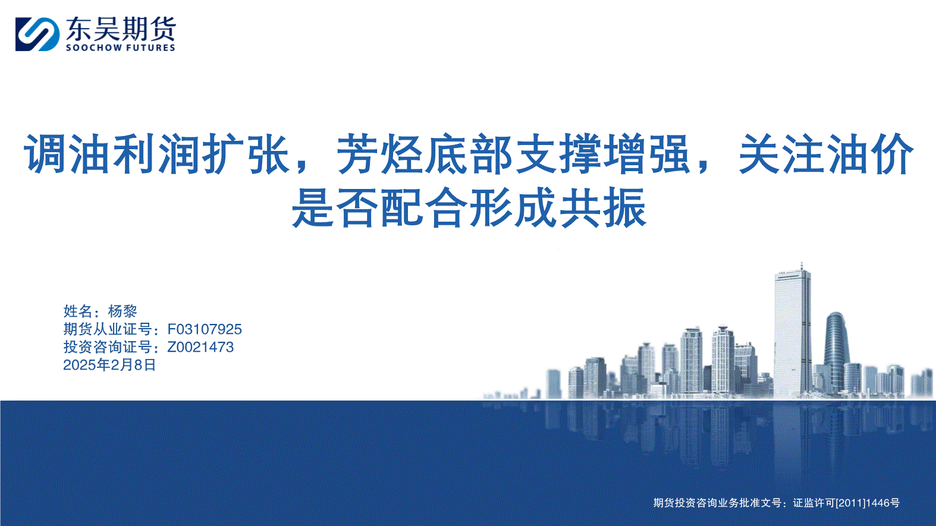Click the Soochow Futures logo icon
pyautogui.click(x=37, y=34)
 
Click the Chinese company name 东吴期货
pyautogui.click(x=121, y=29)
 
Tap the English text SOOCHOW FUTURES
pyautogui.click(x=120, y=48)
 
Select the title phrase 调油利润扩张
pyautogui.click(x=157, y=153)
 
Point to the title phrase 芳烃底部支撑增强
pyautogui.click(x=513, y=153)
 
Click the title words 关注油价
pyautogui.click(x=825, y=153)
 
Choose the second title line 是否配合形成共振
pyautogui.click(x=469, y=207)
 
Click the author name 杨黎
pyautogui.click(x=123, y=311)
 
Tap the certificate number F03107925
pyautogui.click(x=205, y=329)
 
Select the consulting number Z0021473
pyautogui.click(x=200, y=347)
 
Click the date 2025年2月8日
pyautogui.click(x=109, y=365)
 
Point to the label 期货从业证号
pyautogui.click(x=108, y=329)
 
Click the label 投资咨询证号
pyautogui.click(x=108, y=347)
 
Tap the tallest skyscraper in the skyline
pyautogui.click(x=792, y=332)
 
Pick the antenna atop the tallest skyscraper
pyautogui.click(x=802, y=266)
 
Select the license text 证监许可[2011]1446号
pyautogui.click(x=846, y=503)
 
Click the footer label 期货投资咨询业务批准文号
pyautogui.click(x=717, y=503)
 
